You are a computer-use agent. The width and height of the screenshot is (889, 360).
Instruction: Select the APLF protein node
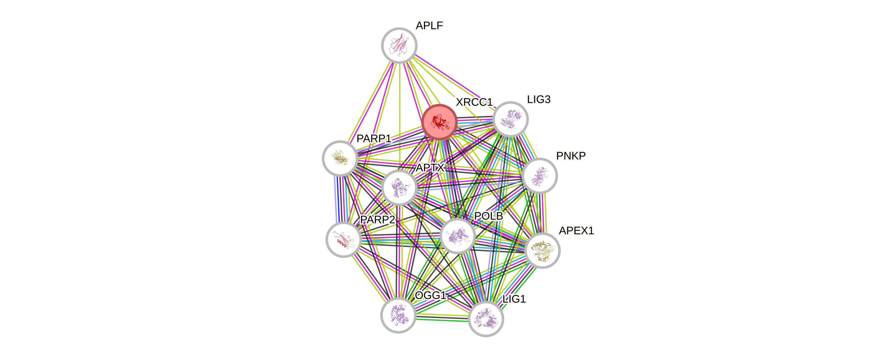pos(399,45)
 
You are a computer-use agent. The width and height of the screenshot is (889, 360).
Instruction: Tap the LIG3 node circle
pos(511,119)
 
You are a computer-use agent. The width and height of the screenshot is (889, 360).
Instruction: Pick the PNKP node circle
pos(540,176)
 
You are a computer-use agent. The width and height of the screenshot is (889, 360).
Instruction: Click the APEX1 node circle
pos(542,250)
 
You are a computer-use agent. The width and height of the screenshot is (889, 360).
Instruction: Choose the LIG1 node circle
pos(486,319)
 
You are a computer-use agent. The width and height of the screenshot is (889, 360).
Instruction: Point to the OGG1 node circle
pos(398,315)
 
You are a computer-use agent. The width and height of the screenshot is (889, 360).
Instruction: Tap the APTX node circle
pos(399,187)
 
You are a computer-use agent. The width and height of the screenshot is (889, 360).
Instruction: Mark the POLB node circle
pos(458,236)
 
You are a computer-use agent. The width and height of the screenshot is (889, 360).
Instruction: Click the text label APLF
pos(429,25)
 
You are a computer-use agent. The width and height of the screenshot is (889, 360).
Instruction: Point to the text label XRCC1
pos(474,102)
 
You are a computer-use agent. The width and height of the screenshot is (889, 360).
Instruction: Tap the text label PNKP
pos(571,156)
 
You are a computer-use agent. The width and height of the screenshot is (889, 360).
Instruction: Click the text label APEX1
pos(576,231)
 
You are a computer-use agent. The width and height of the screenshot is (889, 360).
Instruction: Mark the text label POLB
pos(488,216)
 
